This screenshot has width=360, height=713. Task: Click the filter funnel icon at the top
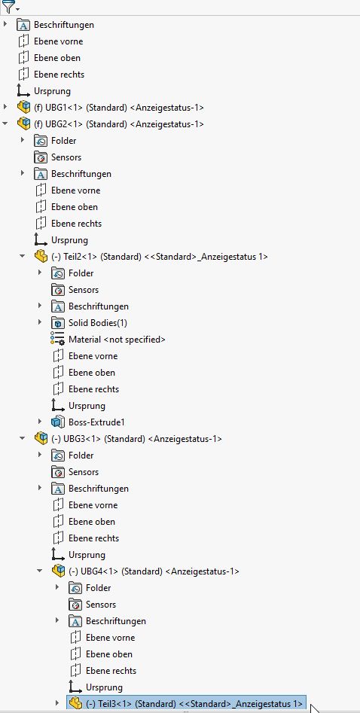[x=8, y=7]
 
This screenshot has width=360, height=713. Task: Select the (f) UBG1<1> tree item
[x=119, y=108]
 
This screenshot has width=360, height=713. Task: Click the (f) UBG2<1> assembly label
[x=119, y=123]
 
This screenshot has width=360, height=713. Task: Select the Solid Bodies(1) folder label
[x=98, y=323]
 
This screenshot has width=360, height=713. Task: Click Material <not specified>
[x=117, y=340]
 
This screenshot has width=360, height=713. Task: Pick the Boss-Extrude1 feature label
[x=96, y=422]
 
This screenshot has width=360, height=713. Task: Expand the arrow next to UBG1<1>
[x=5, y=108]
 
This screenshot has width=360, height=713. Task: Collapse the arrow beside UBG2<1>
[x=5, y=123]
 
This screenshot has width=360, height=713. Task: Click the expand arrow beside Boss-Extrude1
[x=40, y=422]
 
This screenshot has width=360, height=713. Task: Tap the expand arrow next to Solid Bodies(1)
[x=40, y=323]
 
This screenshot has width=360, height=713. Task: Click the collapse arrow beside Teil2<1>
[x=23, y=257]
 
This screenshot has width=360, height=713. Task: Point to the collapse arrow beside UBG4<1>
[x=40, y=571]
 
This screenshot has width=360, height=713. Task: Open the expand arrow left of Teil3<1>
[x=57, y=703]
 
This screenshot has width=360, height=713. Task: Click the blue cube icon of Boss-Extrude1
[x=58, y=422]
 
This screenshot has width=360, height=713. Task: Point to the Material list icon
[x=57, y=340]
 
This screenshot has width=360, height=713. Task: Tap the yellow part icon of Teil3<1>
[x=75, y=703]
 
